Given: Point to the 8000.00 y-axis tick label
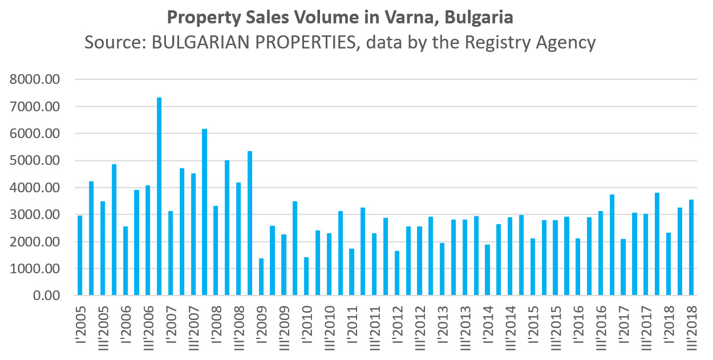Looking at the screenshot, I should click(x=35, y=79).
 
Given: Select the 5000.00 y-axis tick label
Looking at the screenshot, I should click(x=35, y=160).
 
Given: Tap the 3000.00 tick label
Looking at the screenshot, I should click(x=35, y=215).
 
